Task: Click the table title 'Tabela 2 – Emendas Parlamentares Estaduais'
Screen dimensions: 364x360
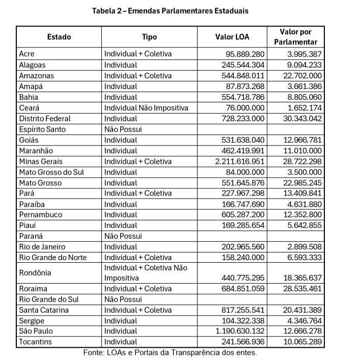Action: (x=170, y=11)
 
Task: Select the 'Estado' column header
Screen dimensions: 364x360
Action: (x=59, y=37)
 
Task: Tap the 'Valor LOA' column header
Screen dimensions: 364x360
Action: (x=232, y=37)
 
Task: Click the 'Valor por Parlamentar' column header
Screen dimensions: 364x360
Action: (x=295, y=37)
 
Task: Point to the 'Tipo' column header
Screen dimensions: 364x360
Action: (x=149, y=37)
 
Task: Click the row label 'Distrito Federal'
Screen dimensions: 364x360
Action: (x=45, y=119)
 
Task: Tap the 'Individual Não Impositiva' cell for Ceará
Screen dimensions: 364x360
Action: (x=146, y=108)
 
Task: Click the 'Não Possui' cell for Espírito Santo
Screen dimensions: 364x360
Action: (x=123, y=129)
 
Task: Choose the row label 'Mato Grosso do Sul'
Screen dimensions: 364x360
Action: (x=51, y=172)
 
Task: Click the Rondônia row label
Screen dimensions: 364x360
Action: (x=35, y=273)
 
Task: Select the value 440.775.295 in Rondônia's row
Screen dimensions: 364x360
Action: (x=243, y=278)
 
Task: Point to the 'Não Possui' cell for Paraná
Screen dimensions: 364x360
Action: (x=123, y=236)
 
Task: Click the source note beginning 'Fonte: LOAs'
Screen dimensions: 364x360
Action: (x=170, y=353)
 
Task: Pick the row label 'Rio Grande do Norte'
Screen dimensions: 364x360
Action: (x=52, y=257)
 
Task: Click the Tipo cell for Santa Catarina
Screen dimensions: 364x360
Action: (x=137, y=310)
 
